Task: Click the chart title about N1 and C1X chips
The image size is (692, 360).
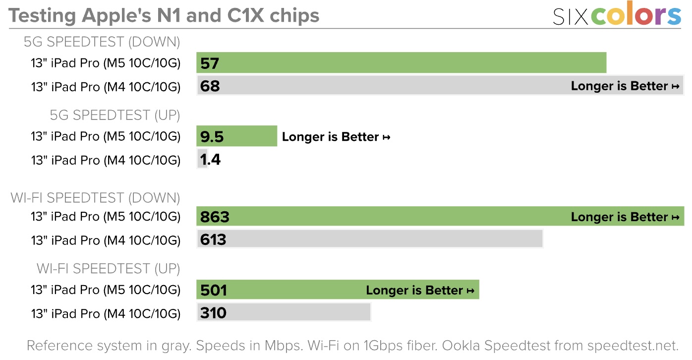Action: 164,15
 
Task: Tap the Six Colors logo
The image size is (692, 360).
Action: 617,16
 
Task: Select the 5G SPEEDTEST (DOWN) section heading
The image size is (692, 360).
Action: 102,42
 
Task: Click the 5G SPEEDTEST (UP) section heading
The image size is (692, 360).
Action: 115,116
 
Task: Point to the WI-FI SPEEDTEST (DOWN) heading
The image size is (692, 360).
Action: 95,198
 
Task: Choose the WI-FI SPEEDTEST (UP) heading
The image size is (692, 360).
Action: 108,269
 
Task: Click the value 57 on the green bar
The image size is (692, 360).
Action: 210,63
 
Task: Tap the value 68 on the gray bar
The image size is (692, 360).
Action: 210,86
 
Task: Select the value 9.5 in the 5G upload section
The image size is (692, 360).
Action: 212,137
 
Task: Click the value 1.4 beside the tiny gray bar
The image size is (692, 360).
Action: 210,160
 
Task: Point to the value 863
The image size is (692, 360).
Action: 215,217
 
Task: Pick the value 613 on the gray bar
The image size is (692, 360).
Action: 213,240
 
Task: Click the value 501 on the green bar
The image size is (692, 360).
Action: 214,290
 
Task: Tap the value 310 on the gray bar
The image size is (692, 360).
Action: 213,313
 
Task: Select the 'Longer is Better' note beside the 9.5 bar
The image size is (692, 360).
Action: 336,137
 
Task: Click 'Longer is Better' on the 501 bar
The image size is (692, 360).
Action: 420,291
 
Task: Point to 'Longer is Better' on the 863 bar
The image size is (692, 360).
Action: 625,217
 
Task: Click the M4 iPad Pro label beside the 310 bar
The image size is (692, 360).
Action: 106,313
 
